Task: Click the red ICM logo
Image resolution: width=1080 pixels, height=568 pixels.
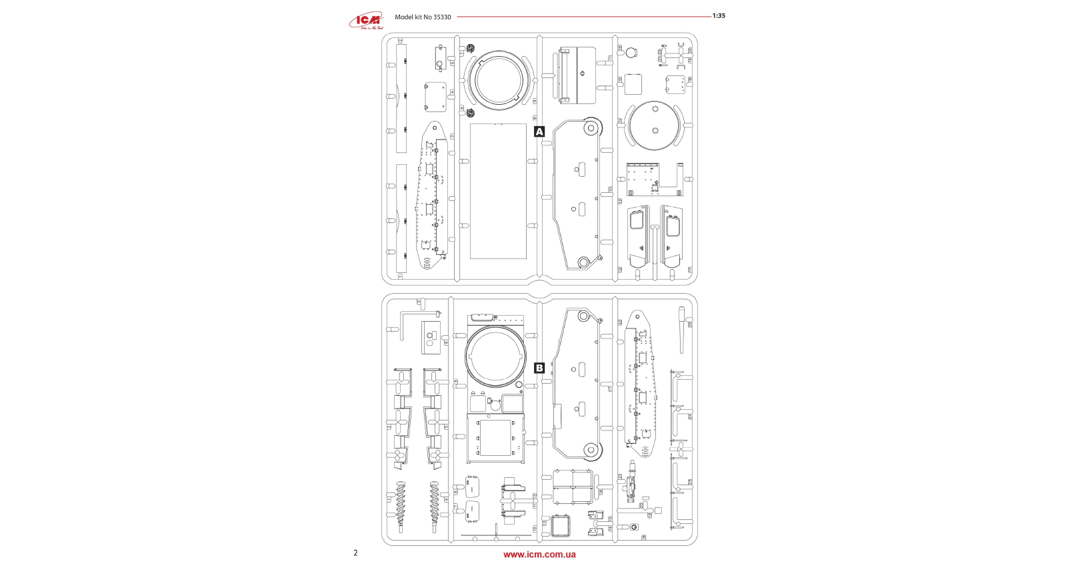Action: tap(366, 21)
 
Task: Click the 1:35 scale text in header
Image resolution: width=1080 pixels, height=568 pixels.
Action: tap(719, 16)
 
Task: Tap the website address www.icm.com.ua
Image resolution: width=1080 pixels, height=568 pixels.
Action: tap(539, 555)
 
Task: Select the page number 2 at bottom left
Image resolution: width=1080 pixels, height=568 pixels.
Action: tap(355, 553)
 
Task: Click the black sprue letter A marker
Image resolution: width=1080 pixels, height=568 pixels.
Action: tap(539, 131)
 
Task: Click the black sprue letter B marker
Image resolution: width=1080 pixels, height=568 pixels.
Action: tap(539, 368)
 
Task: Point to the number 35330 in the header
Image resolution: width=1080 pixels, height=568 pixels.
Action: tap(442, 17)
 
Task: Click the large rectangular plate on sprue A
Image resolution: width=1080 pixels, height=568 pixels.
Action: tap(498, 191)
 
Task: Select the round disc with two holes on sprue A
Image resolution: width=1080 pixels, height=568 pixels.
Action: tap(655, 125)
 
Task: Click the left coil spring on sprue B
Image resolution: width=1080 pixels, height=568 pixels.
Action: tap(400, 505)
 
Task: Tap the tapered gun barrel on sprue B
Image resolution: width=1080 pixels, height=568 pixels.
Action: tap(681, 330)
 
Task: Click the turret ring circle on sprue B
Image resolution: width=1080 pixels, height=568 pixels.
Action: tap(495, 356)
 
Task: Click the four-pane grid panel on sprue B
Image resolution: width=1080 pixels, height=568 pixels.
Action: tap(573, 488)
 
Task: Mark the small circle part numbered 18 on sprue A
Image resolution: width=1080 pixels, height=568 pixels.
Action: tap(629, 51)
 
